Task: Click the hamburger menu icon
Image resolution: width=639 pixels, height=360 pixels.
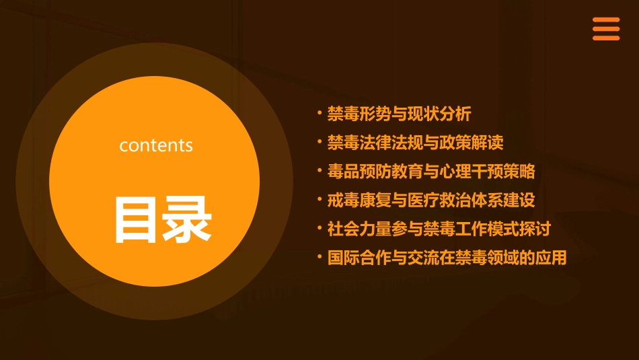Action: [605, 29]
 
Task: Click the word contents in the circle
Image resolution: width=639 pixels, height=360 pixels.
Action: [156, 145]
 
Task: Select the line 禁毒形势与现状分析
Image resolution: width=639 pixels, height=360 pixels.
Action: [404, 114]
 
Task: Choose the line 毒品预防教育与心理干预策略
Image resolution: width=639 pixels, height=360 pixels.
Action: [431, 172]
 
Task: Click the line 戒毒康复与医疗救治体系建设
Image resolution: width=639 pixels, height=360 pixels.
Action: [431, 201]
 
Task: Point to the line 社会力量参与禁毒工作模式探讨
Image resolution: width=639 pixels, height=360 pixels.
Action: [439, 229]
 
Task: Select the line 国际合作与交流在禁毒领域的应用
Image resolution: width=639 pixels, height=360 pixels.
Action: [447, 258]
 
